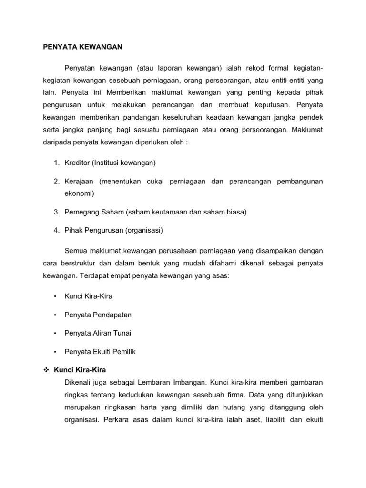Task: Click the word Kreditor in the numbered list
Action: [x=76, y=163]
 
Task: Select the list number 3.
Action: [x=56, y=212]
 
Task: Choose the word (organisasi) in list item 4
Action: [x=144, y=230]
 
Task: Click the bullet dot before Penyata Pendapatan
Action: [x=56, y=315]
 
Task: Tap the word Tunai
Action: [x=121, y=333]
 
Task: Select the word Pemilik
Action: [x=123, y=352]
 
